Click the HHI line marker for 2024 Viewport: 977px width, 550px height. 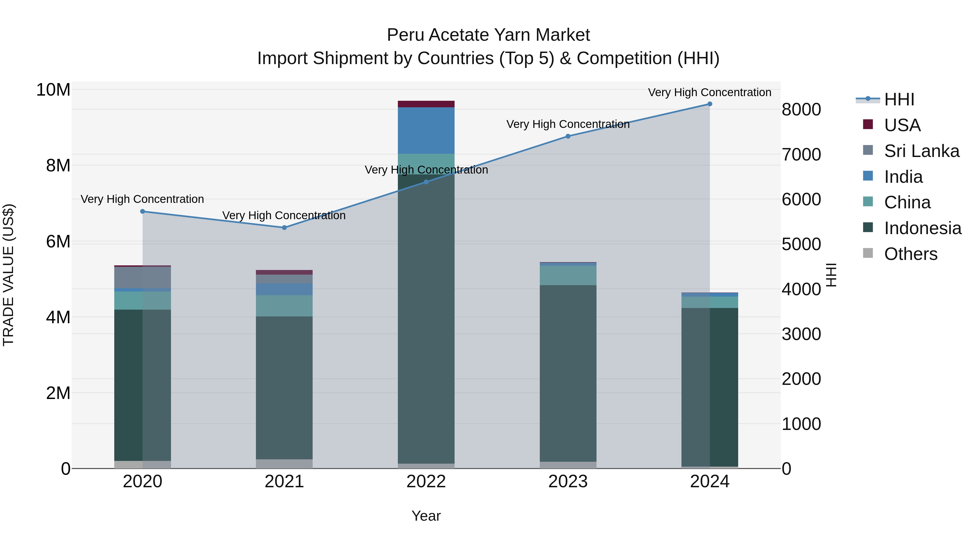pos(710,104)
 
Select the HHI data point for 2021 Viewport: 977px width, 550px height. pos(284,228)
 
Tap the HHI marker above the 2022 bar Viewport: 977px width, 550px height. pos(426,182)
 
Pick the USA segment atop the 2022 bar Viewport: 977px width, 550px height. pos(426,104)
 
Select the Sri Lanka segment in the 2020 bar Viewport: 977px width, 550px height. pos(142,278)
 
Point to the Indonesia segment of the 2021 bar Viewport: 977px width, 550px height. pos(284,387)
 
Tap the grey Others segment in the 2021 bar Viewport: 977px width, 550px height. pos(284,464)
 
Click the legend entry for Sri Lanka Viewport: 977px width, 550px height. pos(921,151)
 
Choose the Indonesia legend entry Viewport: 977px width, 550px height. pos(922,228)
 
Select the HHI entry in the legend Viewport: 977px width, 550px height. pos(899,99)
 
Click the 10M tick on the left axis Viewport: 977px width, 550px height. pos(53,90)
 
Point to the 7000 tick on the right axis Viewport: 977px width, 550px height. pos(801,155)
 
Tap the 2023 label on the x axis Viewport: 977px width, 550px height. pos(568,482)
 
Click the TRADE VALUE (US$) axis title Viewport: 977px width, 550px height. pos(8,275)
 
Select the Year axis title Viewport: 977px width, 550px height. pos(426,516)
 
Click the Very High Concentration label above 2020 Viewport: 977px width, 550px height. pos(142,199)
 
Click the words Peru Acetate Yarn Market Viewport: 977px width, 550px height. pos(488,35)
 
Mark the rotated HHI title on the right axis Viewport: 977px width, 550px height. pos(831,275)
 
